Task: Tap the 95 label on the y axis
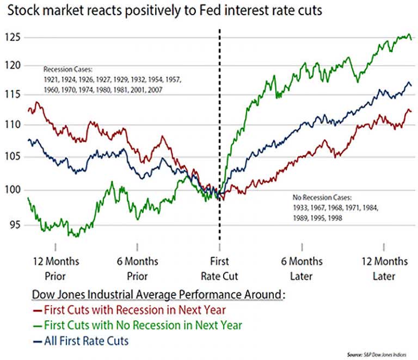(x=13, y=225)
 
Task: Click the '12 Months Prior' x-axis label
(x=56, y=269)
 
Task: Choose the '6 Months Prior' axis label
(x=138, y=269)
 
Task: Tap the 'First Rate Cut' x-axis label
(x=219, y=269)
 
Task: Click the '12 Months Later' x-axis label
(x=384, y=269)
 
